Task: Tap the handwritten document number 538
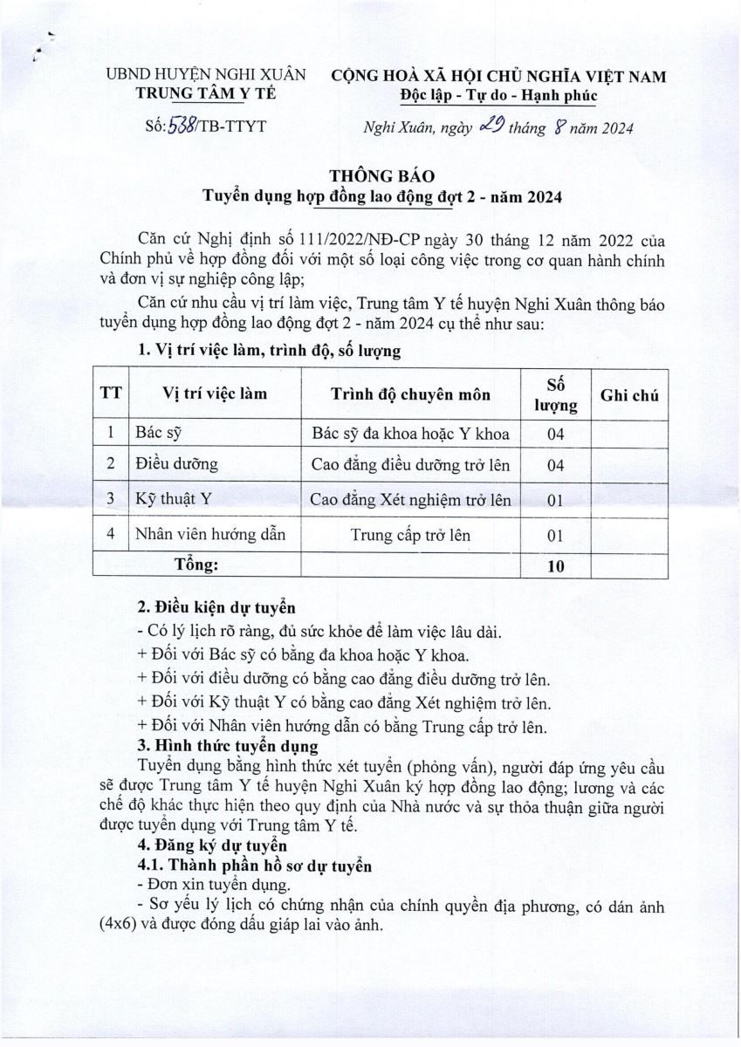click(180, 127)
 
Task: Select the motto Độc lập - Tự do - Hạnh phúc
click(498, 94)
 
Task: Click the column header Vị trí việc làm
click(215, 394)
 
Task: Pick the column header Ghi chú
click(629, 395)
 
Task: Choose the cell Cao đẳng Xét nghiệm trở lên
click(410, 500)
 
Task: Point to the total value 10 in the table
click(556, 565)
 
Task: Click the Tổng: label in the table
click(196, 565)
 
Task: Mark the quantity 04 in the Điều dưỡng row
click(556, 466)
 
